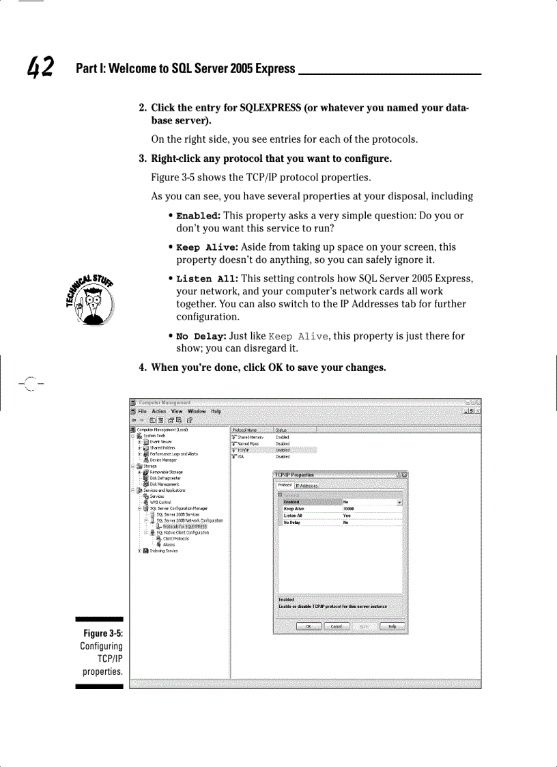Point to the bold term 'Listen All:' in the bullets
coord(208,279)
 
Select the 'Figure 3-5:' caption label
coord(104,633)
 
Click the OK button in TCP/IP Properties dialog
coord(309,626)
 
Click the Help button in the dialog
coord(392,626)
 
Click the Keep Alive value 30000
coord(349,509)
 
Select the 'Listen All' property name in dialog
coord(293,516)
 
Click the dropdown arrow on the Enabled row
coord(399,502)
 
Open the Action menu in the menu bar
coord(159,411)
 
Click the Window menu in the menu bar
coord(197,411)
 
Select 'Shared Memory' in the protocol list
coord(251,437)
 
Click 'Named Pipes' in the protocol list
coord(248,444)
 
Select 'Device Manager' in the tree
coord(164,460)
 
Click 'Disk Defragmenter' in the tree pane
coord(165,478)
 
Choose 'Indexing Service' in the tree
coord(164,550)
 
